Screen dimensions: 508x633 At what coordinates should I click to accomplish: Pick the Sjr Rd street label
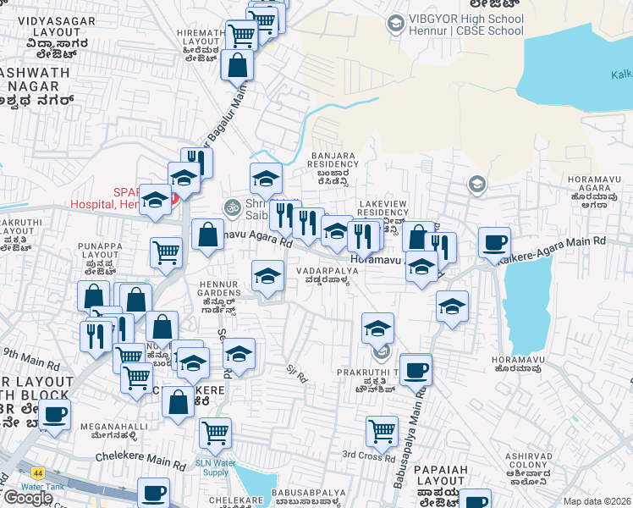click(x=296, y=372)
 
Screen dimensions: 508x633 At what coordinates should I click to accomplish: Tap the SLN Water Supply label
click(x=216, y=467)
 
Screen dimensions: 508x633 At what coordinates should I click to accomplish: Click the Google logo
click(x=27, y=498)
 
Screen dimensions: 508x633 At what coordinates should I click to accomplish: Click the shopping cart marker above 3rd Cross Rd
click(x=382, y=431)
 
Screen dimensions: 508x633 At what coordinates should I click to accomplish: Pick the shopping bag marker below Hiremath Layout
click(x=238, y=65)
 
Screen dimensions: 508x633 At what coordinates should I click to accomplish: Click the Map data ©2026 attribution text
click(x=597, y=501)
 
